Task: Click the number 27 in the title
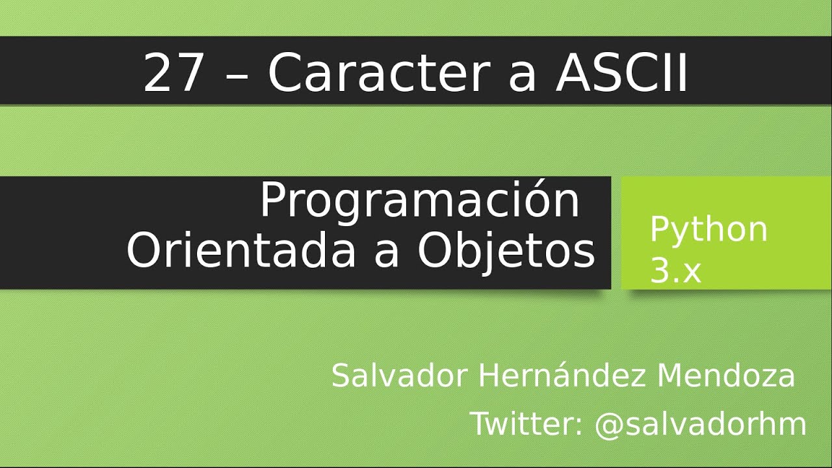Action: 174,73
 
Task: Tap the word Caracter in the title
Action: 378,73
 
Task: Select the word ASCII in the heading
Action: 622,73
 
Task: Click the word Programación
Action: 420,201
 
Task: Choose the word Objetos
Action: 506,252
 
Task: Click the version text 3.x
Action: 676,272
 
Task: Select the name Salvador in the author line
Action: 400,376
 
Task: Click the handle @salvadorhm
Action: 701,424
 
